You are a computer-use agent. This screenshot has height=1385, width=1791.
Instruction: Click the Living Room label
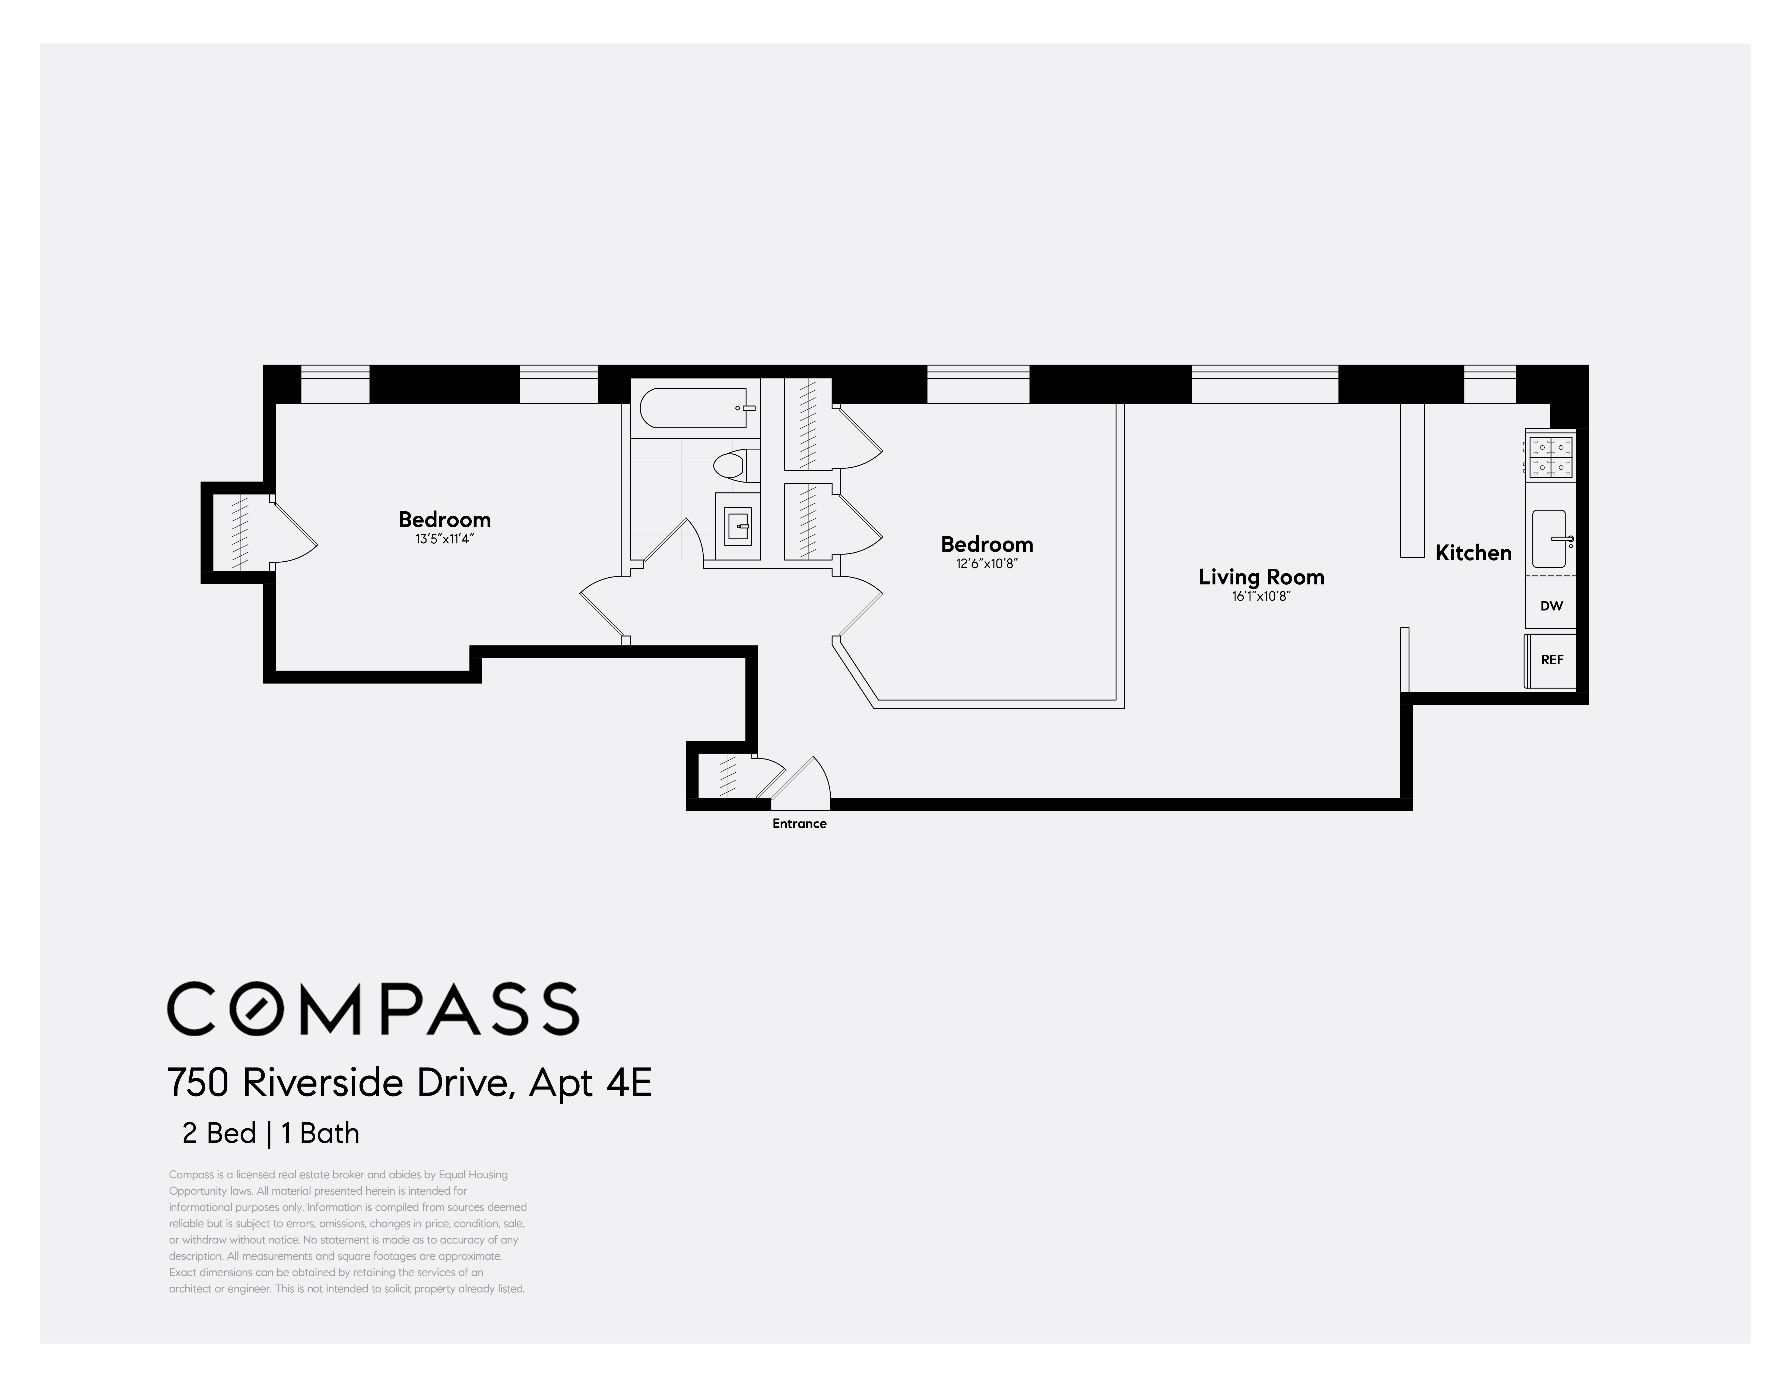[1260, 577]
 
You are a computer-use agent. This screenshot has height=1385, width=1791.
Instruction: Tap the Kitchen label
[1473, 553]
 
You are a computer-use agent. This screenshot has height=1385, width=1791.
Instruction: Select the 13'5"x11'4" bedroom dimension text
[444, 539]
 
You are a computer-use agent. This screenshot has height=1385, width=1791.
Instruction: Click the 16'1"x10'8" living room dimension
[1260, 597]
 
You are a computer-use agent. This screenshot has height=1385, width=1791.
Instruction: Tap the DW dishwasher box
[1551, 606]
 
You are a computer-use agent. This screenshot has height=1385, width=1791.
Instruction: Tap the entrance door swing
[804, 779]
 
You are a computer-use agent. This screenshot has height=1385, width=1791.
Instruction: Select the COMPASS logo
[373, 1008]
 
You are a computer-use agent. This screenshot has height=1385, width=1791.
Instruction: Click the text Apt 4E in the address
[590, 1083]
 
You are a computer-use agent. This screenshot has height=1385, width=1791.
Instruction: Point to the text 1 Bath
[320, 1133]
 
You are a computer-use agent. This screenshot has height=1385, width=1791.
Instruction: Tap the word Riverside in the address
[324, 1083]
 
